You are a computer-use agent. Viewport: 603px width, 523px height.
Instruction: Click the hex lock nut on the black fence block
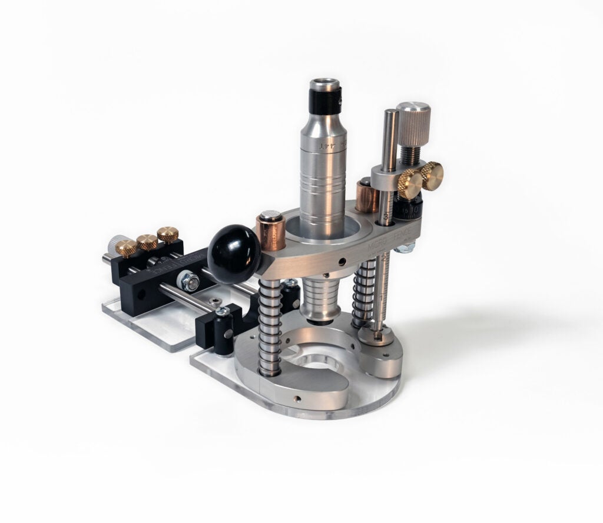point(190,281)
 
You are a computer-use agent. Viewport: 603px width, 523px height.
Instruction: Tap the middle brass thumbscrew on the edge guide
point(147,241)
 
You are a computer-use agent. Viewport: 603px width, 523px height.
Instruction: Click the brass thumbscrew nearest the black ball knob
point(168,234)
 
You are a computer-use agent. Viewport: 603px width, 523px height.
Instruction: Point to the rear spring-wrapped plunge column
point(363,294)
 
